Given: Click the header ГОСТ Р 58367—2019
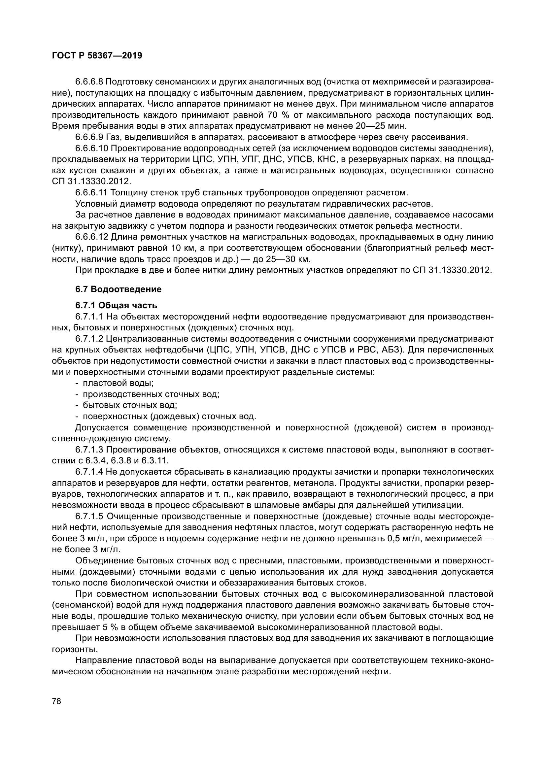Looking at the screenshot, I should coord(97,55).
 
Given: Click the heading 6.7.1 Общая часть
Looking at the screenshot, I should coord(116,305).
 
